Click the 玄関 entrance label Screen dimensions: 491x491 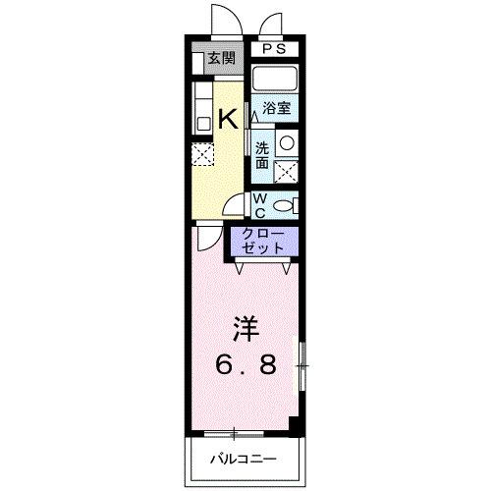point(219,58)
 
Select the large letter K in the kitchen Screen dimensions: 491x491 point(226,119)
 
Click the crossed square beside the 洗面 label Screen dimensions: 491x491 point(286,171)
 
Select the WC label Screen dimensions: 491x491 point(260,204)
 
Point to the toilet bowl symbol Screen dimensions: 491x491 point(284,204)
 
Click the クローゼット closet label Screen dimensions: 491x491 point(263,242)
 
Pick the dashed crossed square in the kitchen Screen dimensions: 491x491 point(201,154)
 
